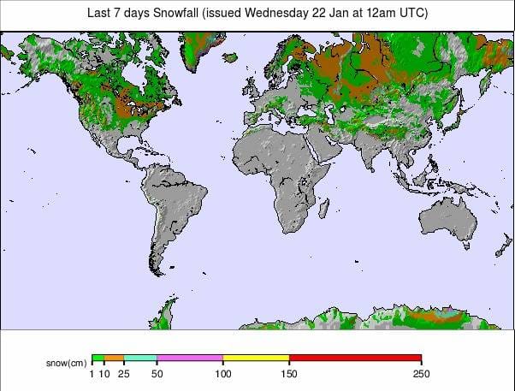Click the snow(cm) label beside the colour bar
click(x=66, y=362)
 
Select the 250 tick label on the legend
click(x=421, y=373)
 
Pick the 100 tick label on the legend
click(x=222, y=373)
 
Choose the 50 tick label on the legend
click(x=157, y=373)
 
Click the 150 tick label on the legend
click(x=289, y=373)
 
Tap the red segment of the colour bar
click(x=355, y=358)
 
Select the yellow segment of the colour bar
click(x=256, y=358)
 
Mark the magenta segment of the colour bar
click(x=189, y=358)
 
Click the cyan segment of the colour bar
click(x=140, y=358)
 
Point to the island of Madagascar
click(x=324, y=209)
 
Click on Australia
click(x=446, y=217)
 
